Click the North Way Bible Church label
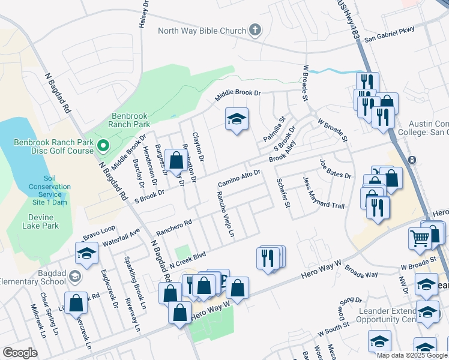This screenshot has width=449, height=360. pos(202,31)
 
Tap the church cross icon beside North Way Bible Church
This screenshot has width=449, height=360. pos(255,30)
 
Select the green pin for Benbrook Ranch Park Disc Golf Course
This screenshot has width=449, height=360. pos(103,145)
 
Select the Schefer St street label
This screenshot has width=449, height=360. pos(283,193)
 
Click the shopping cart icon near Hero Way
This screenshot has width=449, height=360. pos(420,238)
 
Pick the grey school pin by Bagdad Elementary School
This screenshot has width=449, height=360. pos(74,276)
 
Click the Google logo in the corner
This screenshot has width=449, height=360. pos(20,353)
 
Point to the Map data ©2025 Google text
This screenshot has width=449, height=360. pos(411,355)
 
